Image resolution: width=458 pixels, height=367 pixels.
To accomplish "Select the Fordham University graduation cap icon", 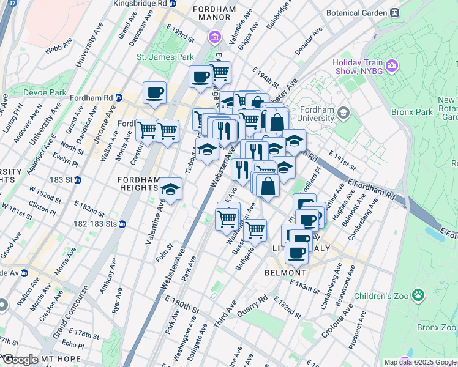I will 343,112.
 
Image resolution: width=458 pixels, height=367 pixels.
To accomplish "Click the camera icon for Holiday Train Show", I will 392,64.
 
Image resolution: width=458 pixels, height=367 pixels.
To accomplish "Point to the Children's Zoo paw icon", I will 418,295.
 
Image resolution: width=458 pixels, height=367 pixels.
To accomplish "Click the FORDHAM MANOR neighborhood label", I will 214,15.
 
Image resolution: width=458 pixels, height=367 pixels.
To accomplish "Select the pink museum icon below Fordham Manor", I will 214,39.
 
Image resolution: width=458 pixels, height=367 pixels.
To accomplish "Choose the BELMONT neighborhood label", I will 287,273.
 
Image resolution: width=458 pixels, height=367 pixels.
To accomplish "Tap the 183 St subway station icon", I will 78,180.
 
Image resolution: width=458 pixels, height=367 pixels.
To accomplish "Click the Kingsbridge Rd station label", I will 141,3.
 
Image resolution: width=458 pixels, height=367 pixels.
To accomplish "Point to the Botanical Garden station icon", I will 395,12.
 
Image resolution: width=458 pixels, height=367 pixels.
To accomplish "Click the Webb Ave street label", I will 59,43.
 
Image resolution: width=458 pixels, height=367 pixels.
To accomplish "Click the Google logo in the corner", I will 20,360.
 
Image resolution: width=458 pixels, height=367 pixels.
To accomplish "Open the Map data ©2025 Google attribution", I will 419,363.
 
